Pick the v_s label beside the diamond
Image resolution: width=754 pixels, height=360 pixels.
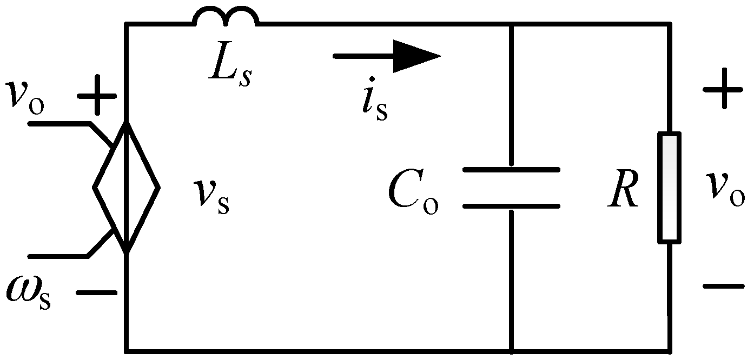click(x=213, y=196)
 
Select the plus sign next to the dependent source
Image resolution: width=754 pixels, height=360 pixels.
click(x=96, y=97)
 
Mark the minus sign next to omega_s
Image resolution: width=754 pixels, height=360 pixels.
click(x=96, y=293)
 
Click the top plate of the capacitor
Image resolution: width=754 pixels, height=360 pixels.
click(x=511, y=170)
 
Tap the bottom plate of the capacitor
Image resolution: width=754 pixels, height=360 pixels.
click(x=511, y=206)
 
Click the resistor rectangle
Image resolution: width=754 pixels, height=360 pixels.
click(x=670, y=187)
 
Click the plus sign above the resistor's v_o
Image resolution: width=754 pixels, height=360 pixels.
click(x=722, y=90)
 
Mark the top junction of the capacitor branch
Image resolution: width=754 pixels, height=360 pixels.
click(x=511, y=24)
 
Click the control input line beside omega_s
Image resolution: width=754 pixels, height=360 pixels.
click(x=59, y=256)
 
